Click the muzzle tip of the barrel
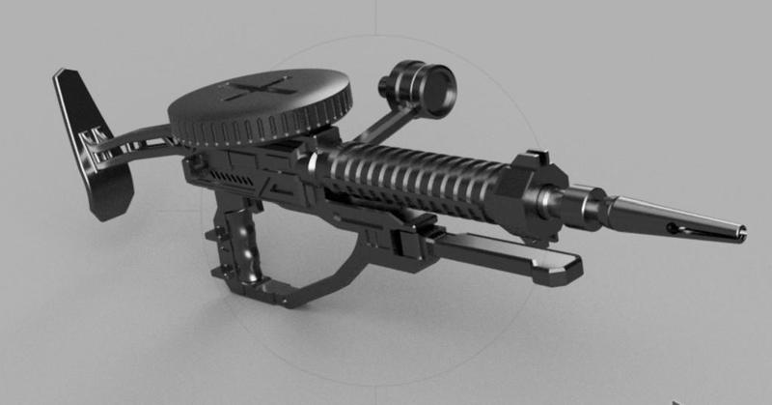click(740, 228)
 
